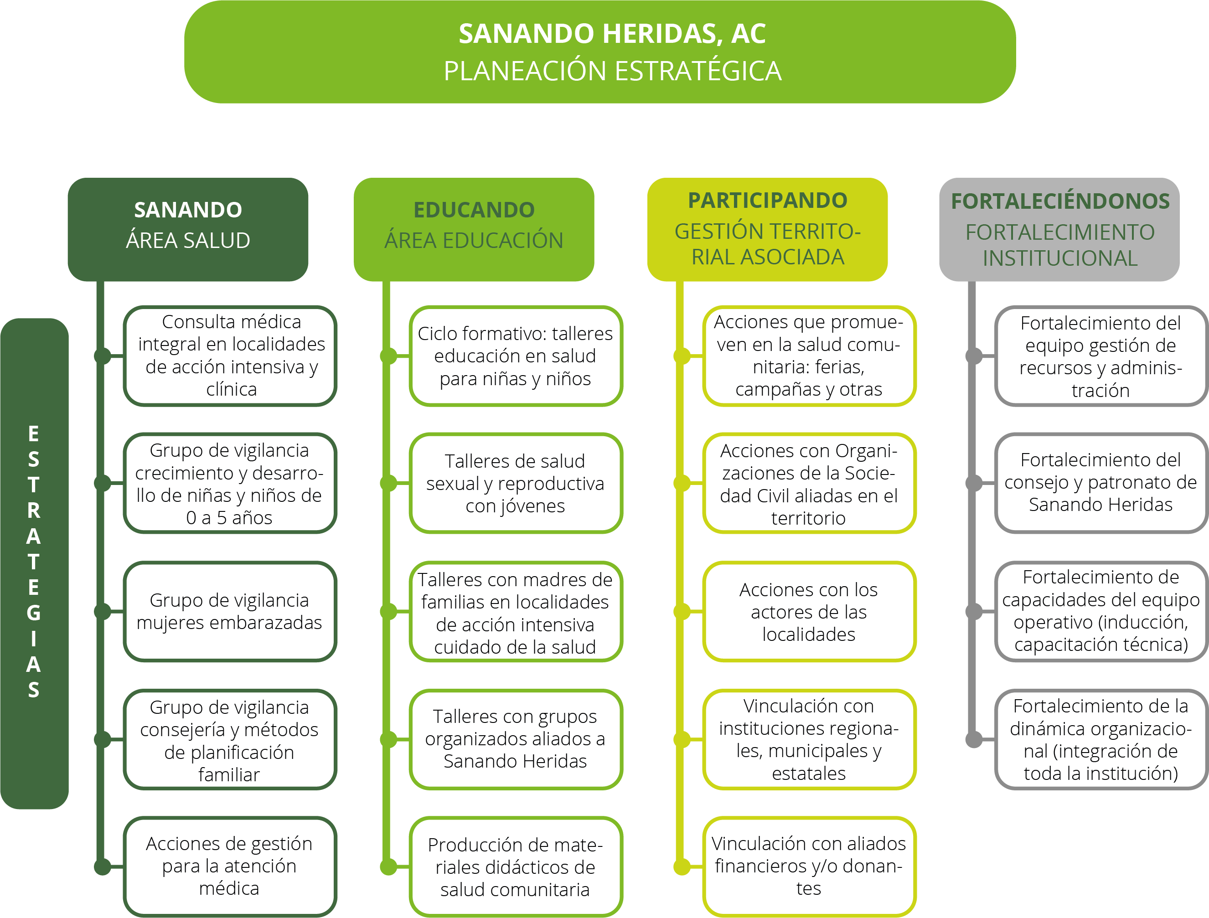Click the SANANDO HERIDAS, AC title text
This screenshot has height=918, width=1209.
click(612, 34)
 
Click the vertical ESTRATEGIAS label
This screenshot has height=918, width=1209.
click(34, 562)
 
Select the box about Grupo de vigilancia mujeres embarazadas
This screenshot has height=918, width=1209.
click(230, 611)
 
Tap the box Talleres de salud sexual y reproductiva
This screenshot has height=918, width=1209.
click(516, 483)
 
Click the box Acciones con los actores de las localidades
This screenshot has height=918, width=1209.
click(808, 611)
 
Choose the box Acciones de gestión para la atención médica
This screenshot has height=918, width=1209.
click(230, 866)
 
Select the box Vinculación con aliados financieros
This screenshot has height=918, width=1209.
click(808, 866)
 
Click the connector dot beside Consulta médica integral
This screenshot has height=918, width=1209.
click(102, 356)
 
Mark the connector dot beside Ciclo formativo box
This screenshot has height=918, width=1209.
click(388, 356)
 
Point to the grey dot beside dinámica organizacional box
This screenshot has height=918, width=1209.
click(973, 740)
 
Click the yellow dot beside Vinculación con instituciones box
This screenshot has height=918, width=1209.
click(682, 739)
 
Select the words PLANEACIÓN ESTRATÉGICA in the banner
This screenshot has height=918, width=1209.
click(612, 71)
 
